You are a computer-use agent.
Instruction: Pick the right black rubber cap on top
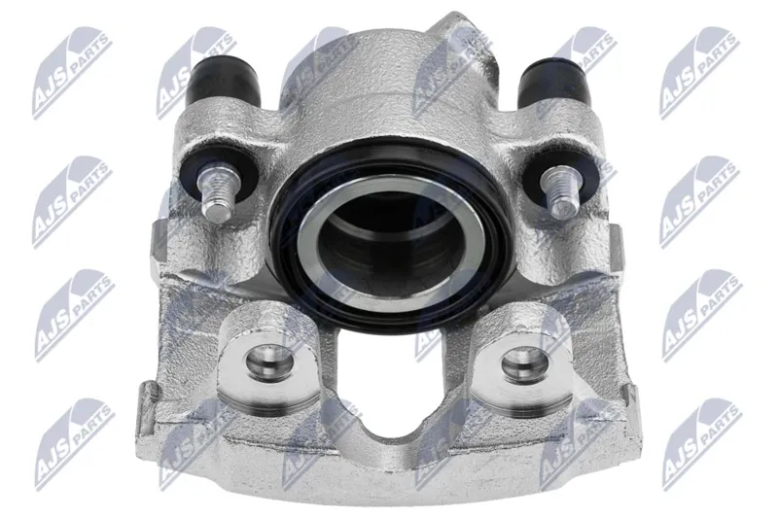tap(554, 82)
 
